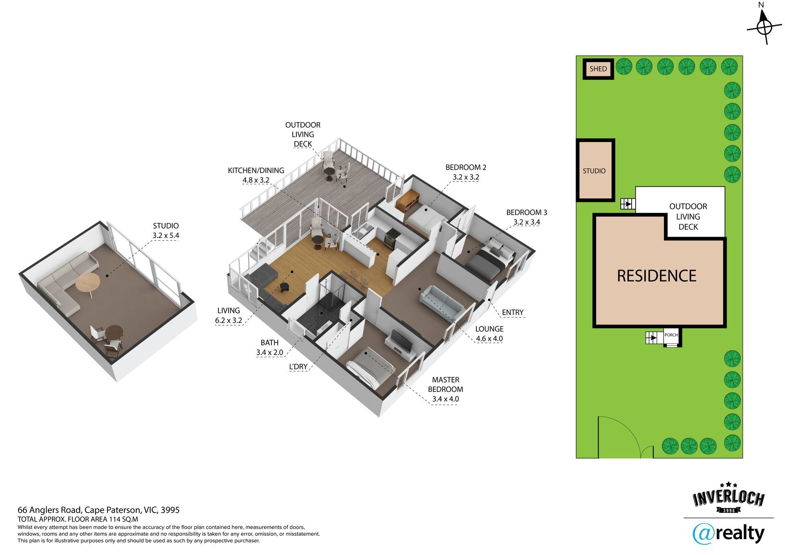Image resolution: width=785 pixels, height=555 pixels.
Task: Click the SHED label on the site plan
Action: click(x=598, y=69)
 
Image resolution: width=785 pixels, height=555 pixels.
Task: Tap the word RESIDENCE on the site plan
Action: click(x=656, y=276)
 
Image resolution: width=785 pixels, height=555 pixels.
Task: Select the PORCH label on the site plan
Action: click(x=671, y=335)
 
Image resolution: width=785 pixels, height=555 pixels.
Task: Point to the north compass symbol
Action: click(x=764, y=27)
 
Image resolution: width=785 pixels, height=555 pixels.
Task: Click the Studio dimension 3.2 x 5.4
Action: click(x=166, y=235)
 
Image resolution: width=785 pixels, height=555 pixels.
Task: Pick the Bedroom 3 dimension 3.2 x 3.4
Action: click(x=527, y=222)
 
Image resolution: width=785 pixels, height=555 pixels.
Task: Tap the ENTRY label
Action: click(x=512, y=312)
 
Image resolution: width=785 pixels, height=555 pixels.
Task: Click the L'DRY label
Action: click(x=298, y=367)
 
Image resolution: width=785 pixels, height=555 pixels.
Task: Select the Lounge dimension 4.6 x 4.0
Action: click(x=489, y=338)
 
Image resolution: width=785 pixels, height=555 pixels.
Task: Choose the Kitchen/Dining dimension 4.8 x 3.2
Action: click(x=256, y=180)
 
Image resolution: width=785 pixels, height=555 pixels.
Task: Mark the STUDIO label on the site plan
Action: click(x=594, y=171)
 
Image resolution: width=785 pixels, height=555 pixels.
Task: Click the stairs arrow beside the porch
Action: click(x=652, y=338)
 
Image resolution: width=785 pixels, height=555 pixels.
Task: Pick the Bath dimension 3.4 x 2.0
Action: click(x=269, y=352)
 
